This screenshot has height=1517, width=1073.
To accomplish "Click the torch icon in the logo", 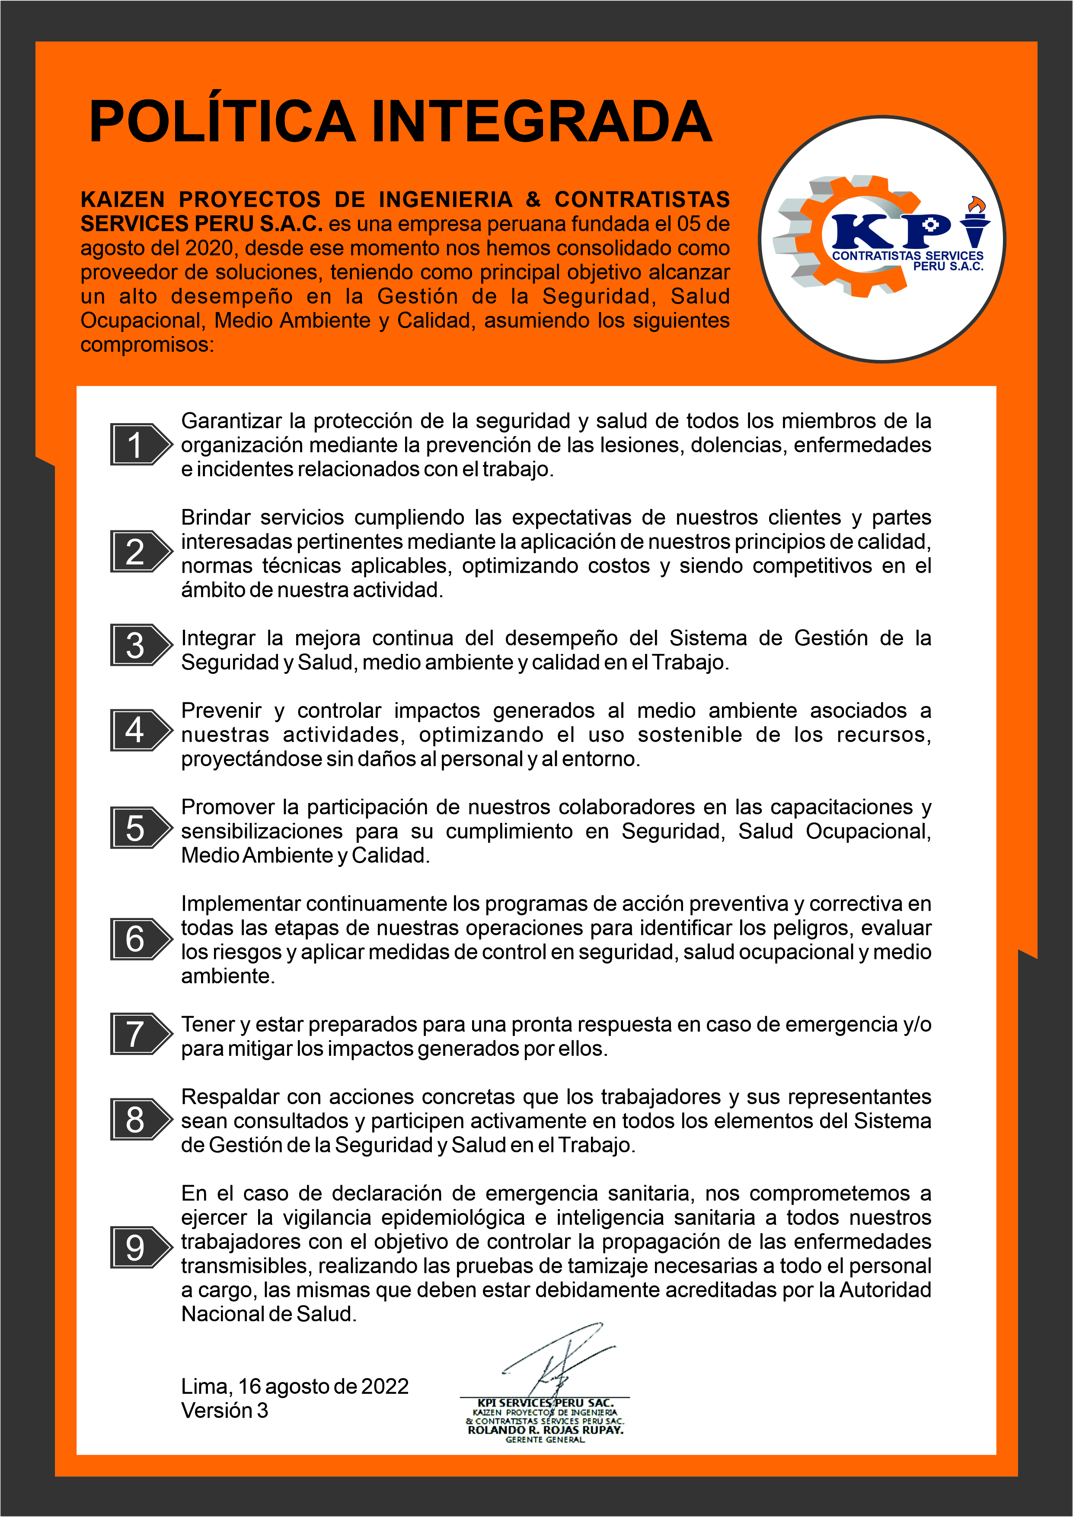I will [974, 221].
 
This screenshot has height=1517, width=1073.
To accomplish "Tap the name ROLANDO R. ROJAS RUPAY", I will [545, 1430].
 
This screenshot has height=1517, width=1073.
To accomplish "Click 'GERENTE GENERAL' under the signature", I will [545, 1440].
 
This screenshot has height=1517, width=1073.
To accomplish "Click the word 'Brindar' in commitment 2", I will [215, 517].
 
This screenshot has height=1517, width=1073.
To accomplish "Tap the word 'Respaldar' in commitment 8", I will [228, 1097].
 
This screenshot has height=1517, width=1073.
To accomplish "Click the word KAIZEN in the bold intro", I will [122, 200].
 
